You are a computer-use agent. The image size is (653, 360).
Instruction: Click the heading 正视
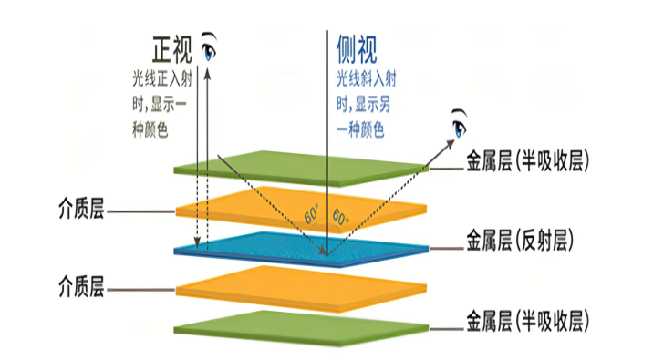click(174, 46)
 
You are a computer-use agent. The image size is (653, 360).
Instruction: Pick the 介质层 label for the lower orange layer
click(78, 289)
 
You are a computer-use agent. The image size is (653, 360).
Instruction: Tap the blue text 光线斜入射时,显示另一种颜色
click(366, 100)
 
